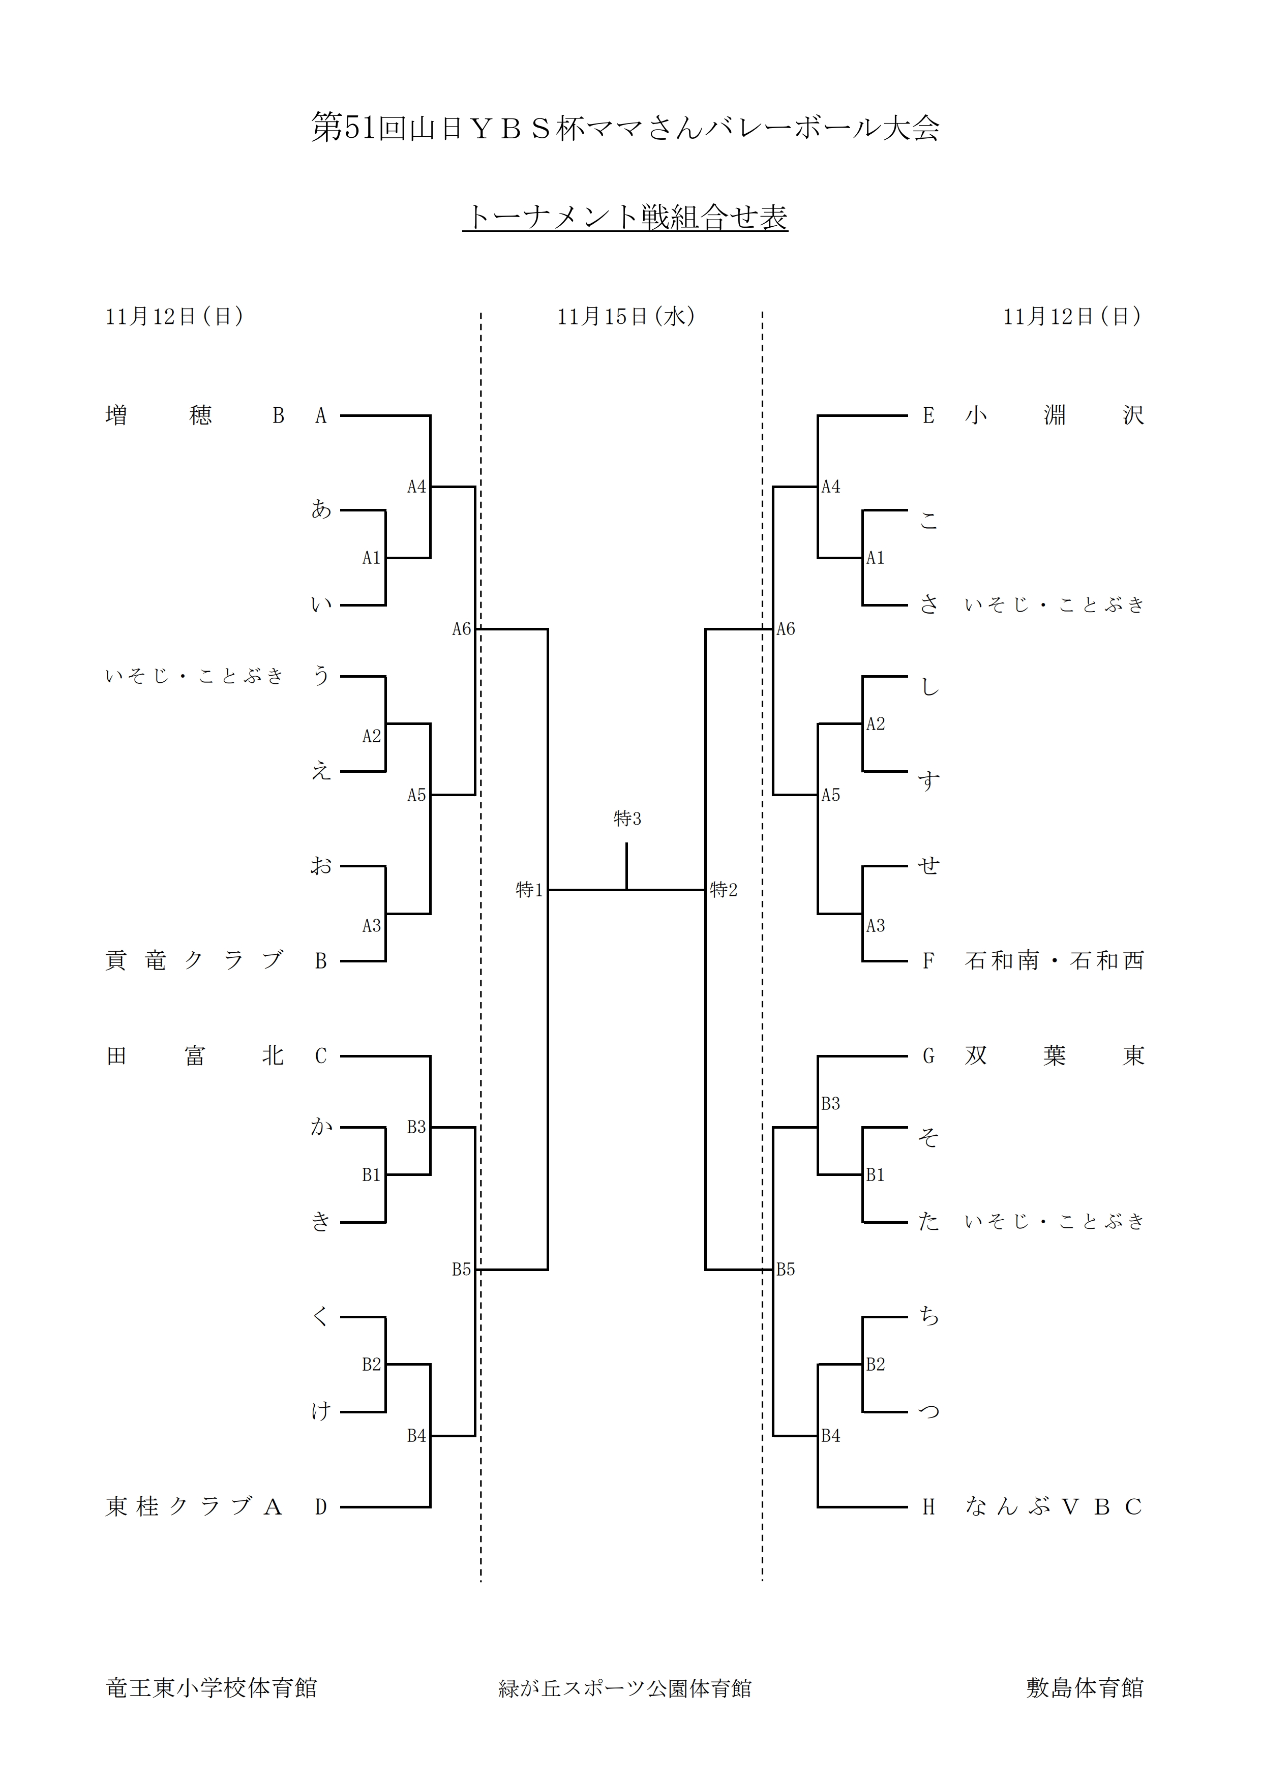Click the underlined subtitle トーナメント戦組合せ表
(x=626, y=218)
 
